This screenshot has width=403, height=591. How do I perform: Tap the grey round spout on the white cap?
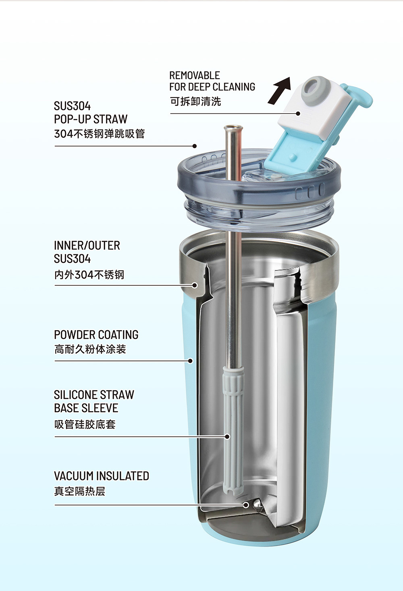pos(315,90)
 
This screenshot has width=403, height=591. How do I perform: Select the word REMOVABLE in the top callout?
pos(194,75)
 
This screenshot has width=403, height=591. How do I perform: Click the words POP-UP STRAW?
pos(91,119)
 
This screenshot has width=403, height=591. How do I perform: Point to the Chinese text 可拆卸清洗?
pos(195,101)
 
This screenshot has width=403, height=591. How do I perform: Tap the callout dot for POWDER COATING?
pos(191,360)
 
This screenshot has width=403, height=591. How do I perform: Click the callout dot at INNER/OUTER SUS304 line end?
pos(195,285)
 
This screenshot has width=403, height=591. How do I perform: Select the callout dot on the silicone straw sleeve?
pos(227,437)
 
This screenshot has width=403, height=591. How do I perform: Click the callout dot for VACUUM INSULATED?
pos(246,505)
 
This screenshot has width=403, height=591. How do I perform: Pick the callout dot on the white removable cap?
pos(298,113)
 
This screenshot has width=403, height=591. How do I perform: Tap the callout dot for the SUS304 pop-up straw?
pos(195,146)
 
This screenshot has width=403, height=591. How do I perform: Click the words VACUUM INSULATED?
pos(102,476)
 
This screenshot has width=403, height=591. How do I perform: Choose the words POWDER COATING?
pos(96,335)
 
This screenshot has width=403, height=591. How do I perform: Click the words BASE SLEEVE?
pos(86,408)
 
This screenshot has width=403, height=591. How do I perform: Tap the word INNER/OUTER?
pos(87,245)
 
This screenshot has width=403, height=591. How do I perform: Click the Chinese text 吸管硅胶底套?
pos(85,424)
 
